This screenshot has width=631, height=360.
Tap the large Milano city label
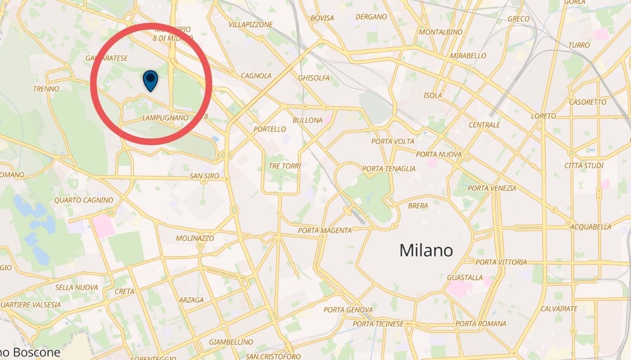point(426,251)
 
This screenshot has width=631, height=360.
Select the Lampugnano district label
point(165,118)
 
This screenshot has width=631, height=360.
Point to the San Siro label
point(204,176)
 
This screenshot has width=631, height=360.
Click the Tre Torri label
point(285,166)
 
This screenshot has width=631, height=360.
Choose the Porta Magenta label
point(325,230)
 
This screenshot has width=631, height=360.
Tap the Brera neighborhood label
point(418,206)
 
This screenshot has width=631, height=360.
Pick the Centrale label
point(484,125)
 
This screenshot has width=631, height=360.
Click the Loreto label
point(543,116)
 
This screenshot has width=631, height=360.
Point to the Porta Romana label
point(481,324)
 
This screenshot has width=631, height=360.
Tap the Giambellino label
point(231,342)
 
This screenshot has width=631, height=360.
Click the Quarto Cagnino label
point(83,200)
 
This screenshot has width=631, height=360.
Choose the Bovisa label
point(322,18)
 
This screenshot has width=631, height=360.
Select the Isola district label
point(433,95)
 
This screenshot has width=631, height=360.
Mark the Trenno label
point(46,89)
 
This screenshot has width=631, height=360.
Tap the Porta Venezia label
point(492,188)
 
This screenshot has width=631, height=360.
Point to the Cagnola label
point(256,76)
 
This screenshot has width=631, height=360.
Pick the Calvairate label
point(559,309)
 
